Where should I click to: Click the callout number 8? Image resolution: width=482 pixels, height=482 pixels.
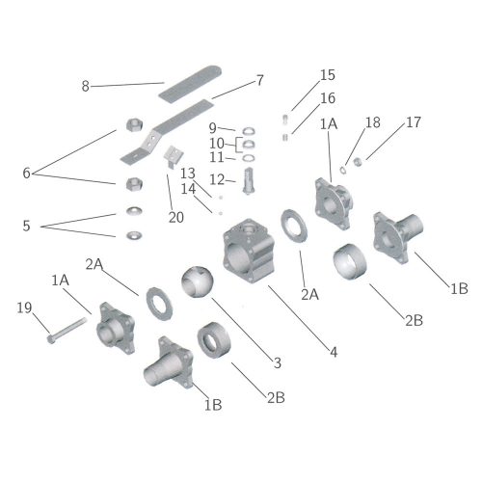point(85,86)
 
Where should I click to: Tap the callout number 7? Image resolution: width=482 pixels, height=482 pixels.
point(260,80)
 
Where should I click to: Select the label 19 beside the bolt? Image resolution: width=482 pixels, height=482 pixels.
point(24,308)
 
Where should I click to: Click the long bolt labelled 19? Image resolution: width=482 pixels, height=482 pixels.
point(67,330)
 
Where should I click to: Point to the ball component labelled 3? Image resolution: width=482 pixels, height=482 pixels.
point(197,281)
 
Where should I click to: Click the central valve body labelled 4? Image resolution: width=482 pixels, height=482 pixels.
point(249,251)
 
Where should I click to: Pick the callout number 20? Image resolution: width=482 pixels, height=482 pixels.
point(176,218)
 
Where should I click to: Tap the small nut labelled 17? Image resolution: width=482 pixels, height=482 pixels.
point(357,162)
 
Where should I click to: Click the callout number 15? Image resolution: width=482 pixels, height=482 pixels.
point(328,75)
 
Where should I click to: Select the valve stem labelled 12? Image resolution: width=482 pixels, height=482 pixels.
point(249,181)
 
